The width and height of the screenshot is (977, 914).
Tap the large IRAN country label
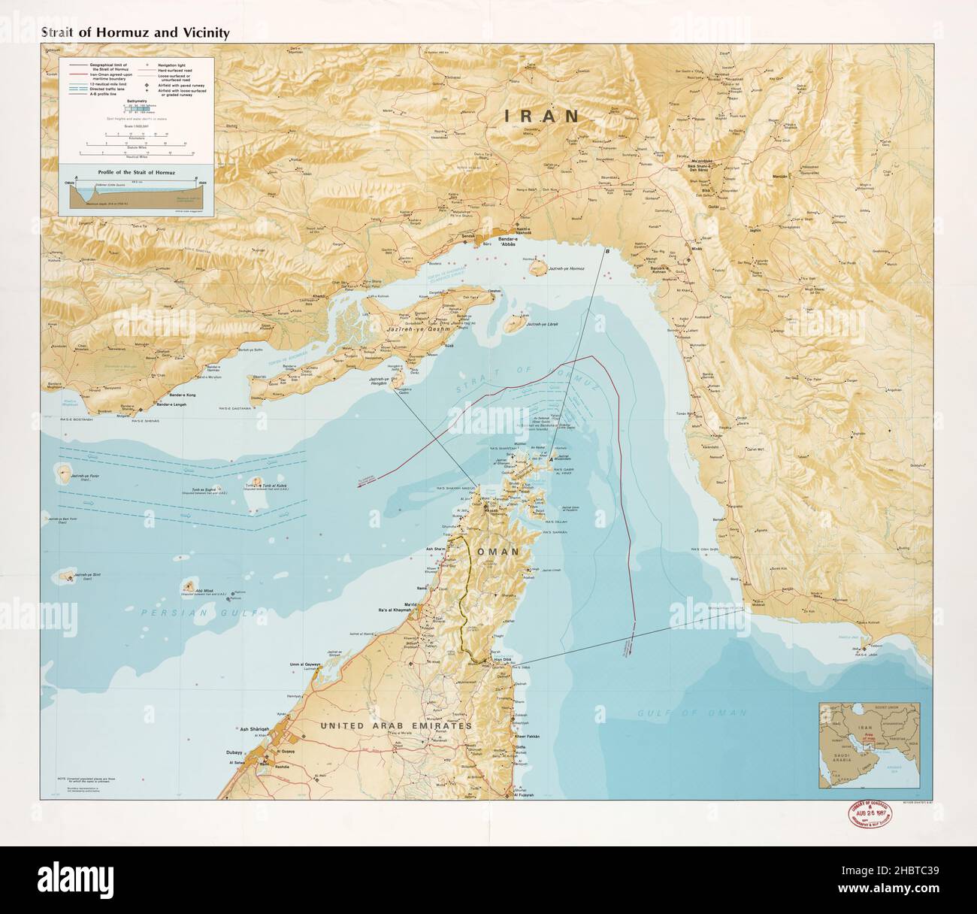pos(542,116)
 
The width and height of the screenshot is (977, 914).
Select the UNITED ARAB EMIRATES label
pos(396,726)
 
